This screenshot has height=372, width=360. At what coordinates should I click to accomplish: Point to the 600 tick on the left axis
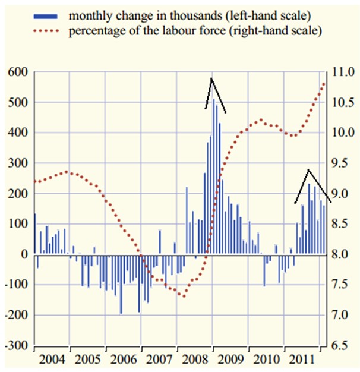coord(17,72)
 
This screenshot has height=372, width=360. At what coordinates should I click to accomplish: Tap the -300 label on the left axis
coord(16,345)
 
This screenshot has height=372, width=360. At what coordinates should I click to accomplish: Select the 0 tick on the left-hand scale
coord(24,254)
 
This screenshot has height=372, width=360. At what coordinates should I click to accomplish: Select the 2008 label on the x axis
coord(194,360)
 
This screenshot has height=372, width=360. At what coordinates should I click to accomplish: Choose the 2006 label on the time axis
coord(123,360)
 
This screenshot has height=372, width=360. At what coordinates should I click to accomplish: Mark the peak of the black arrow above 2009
coord(211,78)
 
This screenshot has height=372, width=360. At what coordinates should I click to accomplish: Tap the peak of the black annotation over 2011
coord(308,170)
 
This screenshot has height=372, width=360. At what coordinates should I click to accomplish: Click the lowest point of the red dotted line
coord(184,297)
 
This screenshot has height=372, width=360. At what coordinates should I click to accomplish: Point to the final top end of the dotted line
coord(324,83)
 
